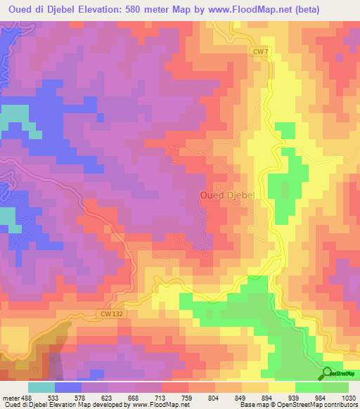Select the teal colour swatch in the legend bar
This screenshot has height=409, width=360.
tap(41, 387)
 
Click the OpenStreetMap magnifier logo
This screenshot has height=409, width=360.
tap(327, 373)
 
